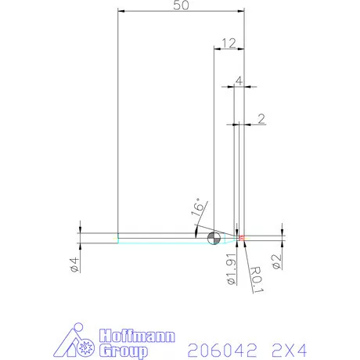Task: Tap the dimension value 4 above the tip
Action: click(239, 80)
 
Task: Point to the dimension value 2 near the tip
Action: click(261, 118)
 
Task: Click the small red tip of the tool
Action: click(242, 237)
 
